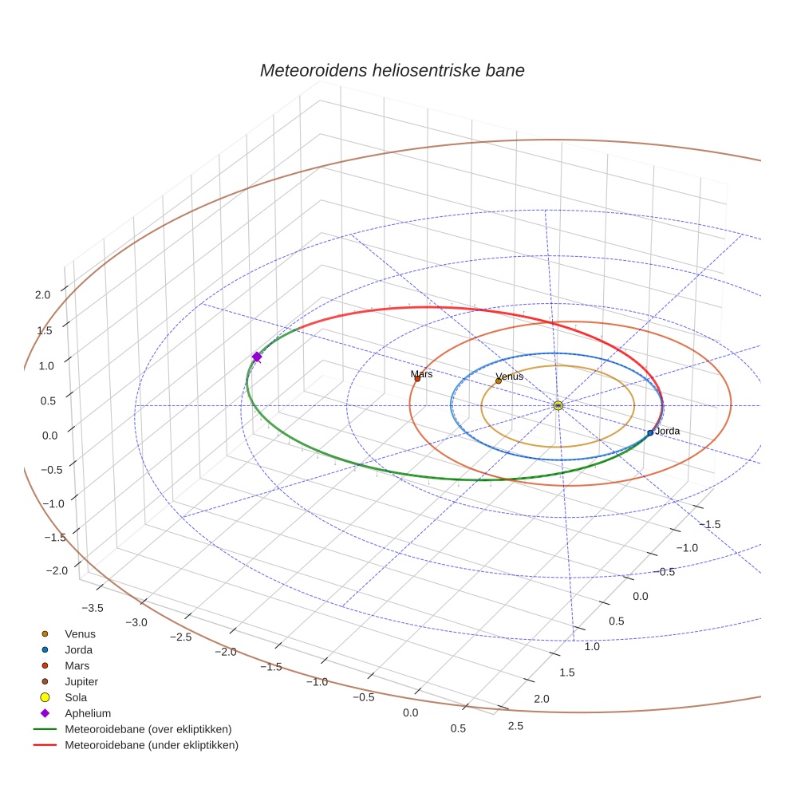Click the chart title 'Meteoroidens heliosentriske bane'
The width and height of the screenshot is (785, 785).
[392, 70]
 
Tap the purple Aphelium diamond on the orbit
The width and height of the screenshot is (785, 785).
[257, 357]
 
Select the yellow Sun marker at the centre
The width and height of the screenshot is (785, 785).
[558, 405]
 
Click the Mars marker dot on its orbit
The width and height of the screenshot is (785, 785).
[417, 379]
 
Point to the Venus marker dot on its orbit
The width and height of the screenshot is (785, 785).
[499, 381]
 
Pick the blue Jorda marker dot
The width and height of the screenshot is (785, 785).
[650, 432]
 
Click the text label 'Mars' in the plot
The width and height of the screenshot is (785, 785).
[421, 373]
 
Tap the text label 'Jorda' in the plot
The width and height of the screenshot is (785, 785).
[667, 431]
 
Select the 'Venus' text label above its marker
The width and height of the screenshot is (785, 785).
[509, 376]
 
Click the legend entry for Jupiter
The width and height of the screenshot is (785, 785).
[81, 681]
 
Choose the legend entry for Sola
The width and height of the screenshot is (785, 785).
[76, 697]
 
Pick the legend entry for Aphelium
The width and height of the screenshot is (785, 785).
[87, 713]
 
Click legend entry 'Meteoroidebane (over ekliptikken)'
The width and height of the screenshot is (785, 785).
[148, 729]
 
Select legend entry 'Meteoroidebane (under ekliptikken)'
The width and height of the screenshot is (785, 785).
[151, 745]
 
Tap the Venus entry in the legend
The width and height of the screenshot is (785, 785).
[80, 633]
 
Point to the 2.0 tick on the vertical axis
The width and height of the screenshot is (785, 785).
[42, 294]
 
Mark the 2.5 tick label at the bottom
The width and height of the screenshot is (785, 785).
[515, 725]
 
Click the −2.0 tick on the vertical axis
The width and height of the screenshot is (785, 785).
[56, 570]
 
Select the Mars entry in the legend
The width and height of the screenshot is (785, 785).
[77, 665]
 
